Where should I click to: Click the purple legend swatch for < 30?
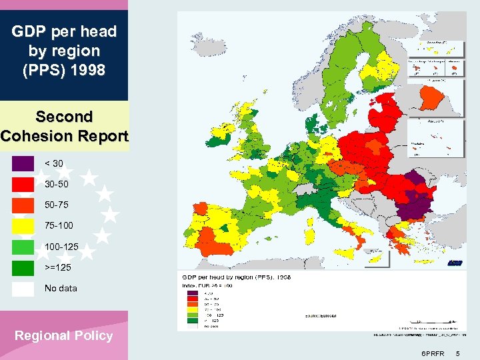pyautogui.click(x=23, y=163)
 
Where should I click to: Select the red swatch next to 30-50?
pyautogui.click(x=23, y=184)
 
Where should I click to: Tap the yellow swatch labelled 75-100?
pyautogui.click(x=23, y=225)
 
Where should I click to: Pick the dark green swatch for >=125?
pyautogui.click(x=23, y=267)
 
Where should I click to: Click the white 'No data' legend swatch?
pyautogui.click(x=23, y=288)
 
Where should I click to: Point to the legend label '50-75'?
pyautogui.click(x=56, y=205)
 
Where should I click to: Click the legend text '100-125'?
pyautogui.click(x=61, y=247)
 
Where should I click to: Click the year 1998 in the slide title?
pyautogui.click(x=85, y=69)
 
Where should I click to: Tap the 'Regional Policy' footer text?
pyautogui.click(x=64, y=335)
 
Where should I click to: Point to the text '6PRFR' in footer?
pyautogui.click(x=433, y=351)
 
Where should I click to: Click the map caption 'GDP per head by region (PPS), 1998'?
pyautogui.click(x=233, y=277)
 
